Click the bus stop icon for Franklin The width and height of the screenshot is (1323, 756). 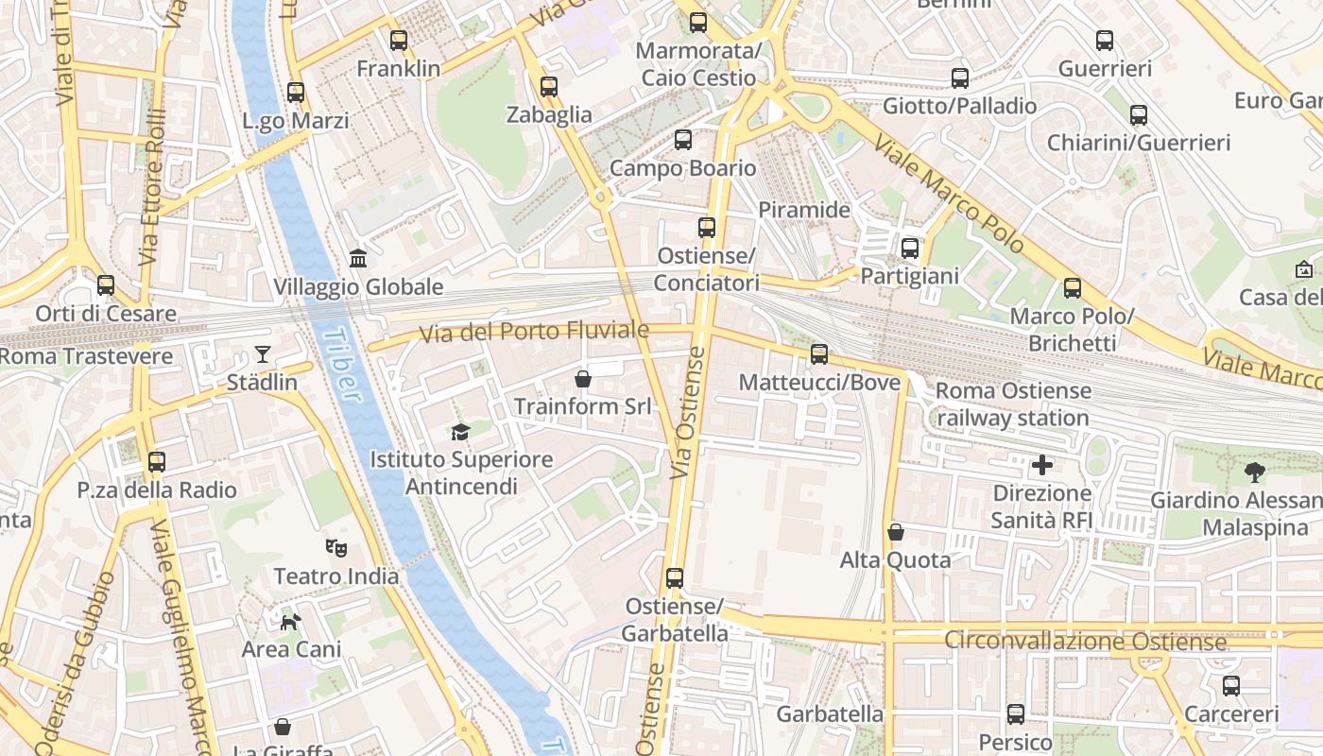pyautogui.click(x=399, y=41)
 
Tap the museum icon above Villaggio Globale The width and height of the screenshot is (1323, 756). pyautogui.click(x=358, y=258)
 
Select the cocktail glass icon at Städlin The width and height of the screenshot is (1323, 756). pyautogui.click(x=262, y=355)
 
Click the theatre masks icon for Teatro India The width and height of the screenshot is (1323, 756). pyautogui.click(x=335, y=547)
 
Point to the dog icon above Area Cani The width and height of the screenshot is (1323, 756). pyautogui.click(x=291, y=621)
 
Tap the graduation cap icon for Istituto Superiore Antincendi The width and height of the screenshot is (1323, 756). pyautogui.click(x=460, y=432)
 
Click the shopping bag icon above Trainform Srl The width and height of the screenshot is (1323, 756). pyautogui.click(x=583, y=379)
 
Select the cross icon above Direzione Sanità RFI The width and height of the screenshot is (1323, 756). pyautogui.click(x=1042, y=465)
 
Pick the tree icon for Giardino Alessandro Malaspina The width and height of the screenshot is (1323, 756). pyautogui.click(x=1255, y=472)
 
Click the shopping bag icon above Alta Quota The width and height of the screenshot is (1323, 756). pyautogui.click(x=896, y=532)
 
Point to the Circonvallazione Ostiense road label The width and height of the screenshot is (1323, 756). pyautogui.click(x=1085, y=642)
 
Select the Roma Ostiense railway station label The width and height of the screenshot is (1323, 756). pyautogui.click(x=1013, y=404)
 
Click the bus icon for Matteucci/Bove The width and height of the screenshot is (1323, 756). pyautogui.click(x=819, y=354)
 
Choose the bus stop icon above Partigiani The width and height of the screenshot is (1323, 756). pyautogui.click(x=910, y=249)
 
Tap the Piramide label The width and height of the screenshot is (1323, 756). pyautogui.click(x=804, y=210)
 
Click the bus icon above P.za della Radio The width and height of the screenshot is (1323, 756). pyautogui.click(x=157, y=462)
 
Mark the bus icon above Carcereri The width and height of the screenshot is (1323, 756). pyautogui.click(x=1230, y=686)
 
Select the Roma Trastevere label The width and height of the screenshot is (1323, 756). pyautogui.click(x=87, y=357)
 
